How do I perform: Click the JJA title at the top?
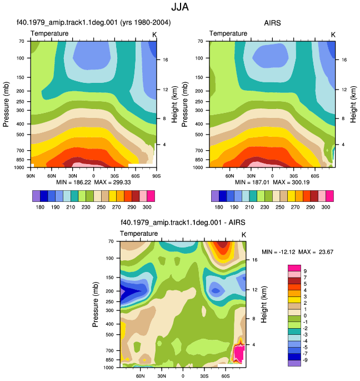[180, 7]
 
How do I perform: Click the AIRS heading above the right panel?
[272, 23]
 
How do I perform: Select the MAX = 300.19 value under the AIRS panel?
[291, 182]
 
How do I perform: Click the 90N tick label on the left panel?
[31, 176]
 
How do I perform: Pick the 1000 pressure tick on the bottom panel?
[108, 368]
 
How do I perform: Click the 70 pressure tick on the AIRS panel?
[200, 41]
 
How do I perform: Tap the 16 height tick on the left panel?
[166, 60]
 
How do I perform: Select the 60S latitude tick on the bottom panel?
[226, 376]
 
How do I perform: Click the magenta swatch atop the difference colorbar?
[294, 268]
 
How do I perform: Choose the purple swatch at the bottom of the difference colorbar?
[294, 363]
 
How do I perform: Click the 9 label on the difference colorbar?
[305, 271]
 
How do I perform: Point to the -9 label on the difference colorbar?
[304, 360]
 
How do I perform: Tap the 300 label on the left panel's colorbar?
[147, 207]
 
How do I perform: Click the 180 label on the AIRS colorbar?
[219, 207]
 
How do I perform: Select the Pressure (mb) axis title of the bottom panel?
[96, 304]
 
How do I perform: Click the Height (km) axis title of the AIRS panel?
[353, 104]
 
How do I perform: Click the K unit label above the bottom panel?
[244, 235]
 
